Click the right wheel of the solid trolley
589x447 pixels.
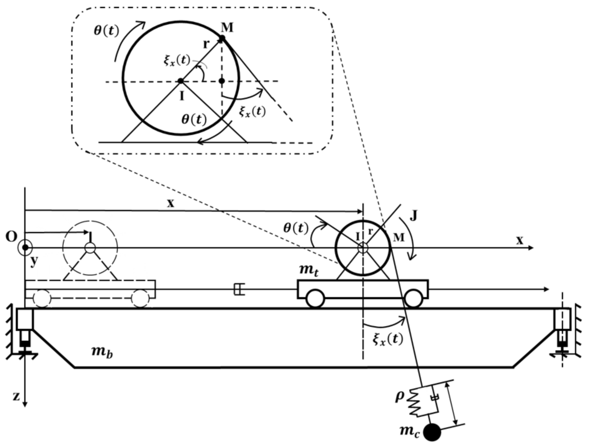[x=413, y=298]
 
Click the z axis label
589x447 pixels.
[x=16, y=397]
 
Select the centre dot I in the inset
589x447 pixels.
[x=181, y=81]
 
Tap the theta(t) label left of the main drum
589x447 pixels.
[x=296, y=228]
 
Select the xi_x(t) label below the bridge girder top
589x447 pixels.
[x=388, y=339]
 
